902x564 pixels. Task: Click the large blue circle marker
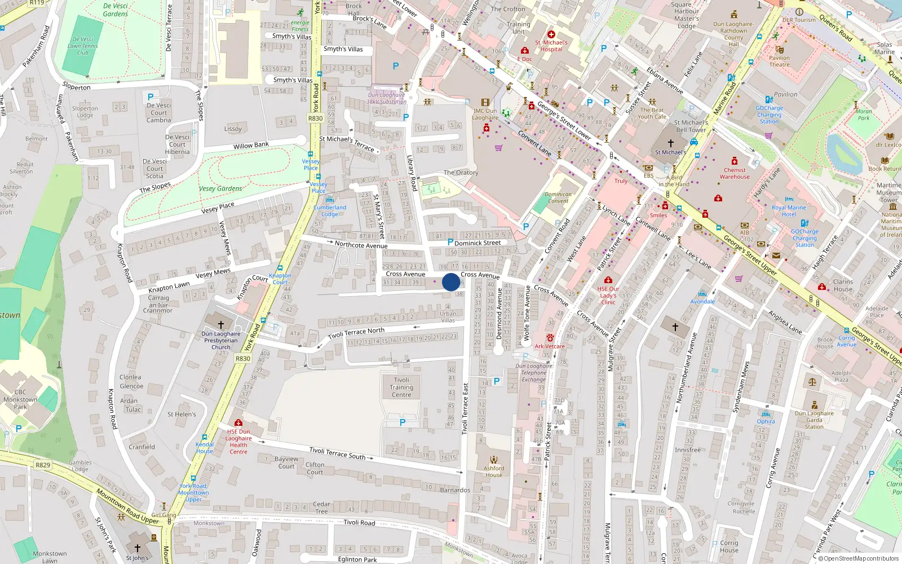[x=451, y=282]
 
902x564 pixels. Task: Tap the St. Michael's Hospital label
[x=551, y=46]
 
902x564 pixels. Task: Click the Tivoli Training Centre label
[x=401, y=387]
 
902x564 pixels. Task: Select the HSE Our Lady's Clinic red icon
[x=608, y=280]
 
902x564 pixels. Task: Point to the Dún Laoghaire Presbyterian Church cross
[x=221, y=325]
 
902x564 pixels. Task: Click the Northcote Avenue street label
[x=361, y=245]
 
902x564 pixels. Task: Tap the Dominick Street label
[x=477, y=243]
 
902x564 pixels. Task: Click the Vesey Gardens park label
[x=220, y=189]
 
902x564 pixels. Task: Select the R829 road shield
[x=43, y=465]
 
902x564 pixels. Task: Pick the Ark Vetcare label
[x=550, y=346]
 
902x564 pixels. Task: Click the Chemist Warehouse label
[x=735, y=173]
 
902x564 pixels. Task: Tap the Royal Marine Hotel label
[x=789, y=211]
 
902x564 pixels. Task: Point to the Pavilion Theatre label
[x=779, y=61]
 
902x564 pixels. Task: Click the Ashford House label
[x=493, y=472]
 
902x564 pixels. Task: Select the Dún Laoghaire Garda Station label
[x=814, y=420]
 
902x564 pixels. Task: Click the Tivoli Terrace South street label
[x=337, y=452]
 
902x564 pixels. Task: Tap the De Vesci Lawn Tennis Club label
[x=83, y=46]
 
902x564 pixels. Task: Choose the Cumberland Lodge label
[x=330, y=210]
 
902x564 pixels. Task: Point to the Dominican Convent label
[x=558, y=197]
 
